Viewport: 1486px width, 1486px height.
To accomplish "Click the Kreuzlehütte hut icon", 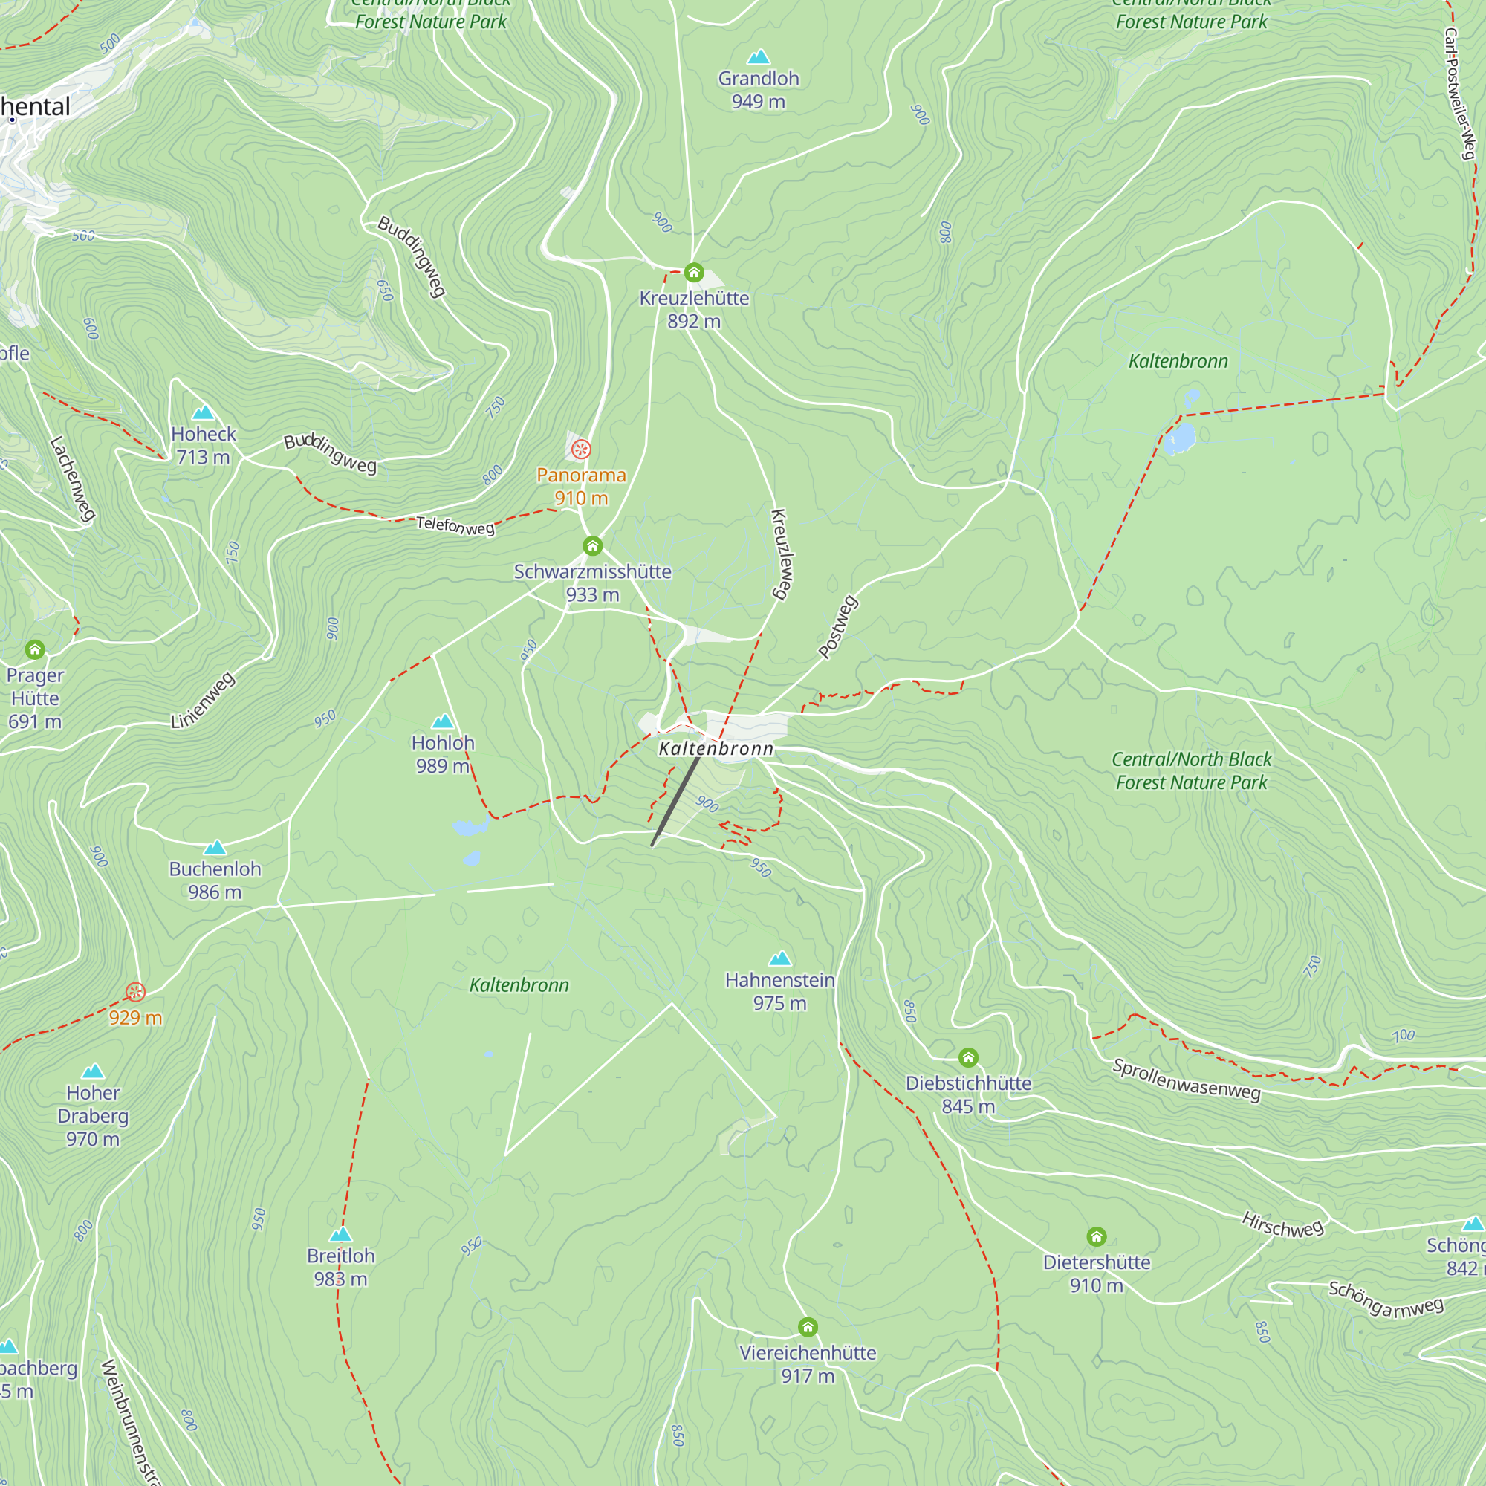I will click(x=694, y=272).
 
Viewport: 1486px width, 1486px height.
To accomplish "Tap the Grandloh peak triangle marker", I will click(x=759, y=57).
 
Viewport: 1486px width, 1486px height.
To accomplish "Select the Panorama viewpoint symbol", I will click(x=582, y=450).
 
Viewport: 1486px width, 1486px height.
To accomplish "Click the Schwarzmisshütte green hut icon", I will click(x=592, y=546).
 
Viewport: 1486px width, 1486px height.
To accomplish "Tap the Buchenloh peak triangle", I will click(x=215, y=848).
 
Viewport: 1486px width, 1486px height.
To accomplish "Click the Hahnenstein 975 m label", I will click(x=779, y=991).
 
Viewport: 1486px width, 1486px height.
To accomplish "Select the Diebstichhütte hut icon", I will click(x=968, y=1057).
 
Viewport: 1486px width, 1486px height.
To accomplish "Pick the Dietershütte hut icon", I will click(x=1097, y=1237).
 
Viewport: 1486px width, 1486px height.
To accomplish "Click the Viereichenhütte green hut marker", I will click(x=808, y=1328).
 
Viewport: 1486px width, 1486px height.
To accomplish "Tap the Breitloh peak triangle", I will click(x=341, y=1234).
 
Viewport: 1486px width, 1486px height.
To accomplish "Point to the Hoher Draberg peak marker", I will click(x=93, y=1071).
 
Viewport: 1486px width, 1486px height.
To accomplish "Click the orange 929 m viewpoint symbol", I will click(x=135, y=992).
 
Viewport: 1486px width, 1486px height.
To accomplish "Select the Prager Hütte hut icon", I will click(x=35, y=650).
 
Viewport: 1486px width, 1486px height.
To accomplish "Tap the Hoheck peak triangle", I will click(x=203, y=412).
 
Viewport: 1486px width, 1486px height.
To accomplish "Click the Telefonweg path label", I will click(x=455, y=526).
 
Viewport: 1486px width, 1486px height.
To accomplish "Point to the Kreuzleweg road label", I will click(x=782, y=554).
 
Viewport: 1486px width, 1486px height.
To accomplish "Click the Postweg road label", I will click(x=837, y=626).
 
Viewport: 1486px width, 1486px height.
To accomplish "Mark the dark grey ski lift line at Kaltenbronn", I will click(x=675, y=802).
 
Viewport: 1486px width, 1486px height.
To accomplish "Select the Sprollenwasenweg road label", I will click(x=1187, y=1080).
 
